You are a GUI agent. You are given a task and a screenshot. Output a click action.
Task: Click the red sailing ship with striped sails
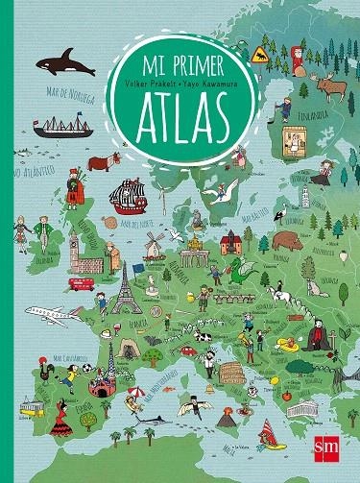127,198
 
